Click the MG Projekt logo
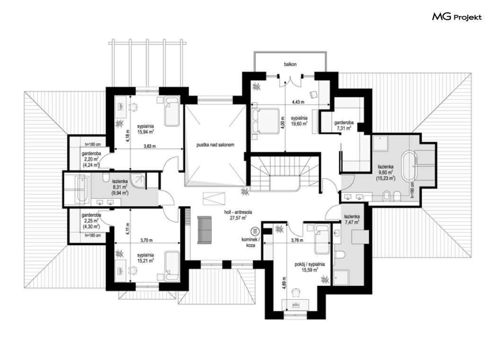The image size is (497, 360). click(457, 17)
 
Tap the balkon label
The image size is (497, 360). click(290, 64)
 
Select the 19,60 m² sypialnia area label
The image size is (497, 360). click(299, 121)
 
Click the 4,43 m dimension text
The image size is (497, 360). click(298, 102)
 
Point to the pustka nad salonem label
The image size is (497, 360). click(215, 145)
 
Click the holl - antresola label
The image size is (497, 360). click(238, 215)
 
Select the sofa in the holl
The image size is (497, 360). click(204, 230)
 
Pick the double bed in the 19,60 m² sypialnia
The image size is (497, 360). click(266, 121)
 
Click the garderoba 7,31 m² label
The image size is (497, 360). click(344, 125)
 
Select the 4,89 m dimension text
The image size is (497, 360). click(284, 290)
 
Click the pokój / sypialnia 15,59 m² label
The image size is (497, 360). click(310, 267)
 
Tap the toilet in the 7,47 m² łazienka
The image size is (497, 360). click(339, 255)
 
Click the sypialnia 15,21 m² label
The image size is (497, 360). click(145, 258)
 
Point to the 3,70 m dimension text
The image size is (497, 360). click(146, 240)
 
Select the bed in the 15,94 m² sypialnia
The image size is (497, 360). click(172, 111)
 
